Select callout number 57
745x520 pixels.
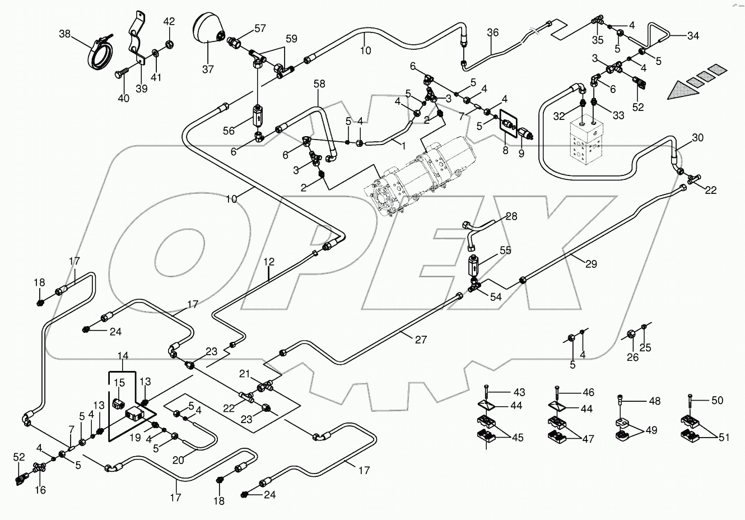260,28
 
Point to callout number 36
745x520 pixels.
492,33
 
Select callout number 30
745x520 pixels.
697,138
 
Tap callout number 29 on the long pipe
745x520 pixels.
592,263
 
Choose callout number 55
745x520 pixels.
505,250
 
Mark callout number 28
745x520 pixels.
511,216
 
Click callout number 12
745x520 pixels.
269,261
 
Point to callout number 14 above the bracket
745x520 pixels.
123,356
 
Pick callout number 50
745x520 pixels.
717,400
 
